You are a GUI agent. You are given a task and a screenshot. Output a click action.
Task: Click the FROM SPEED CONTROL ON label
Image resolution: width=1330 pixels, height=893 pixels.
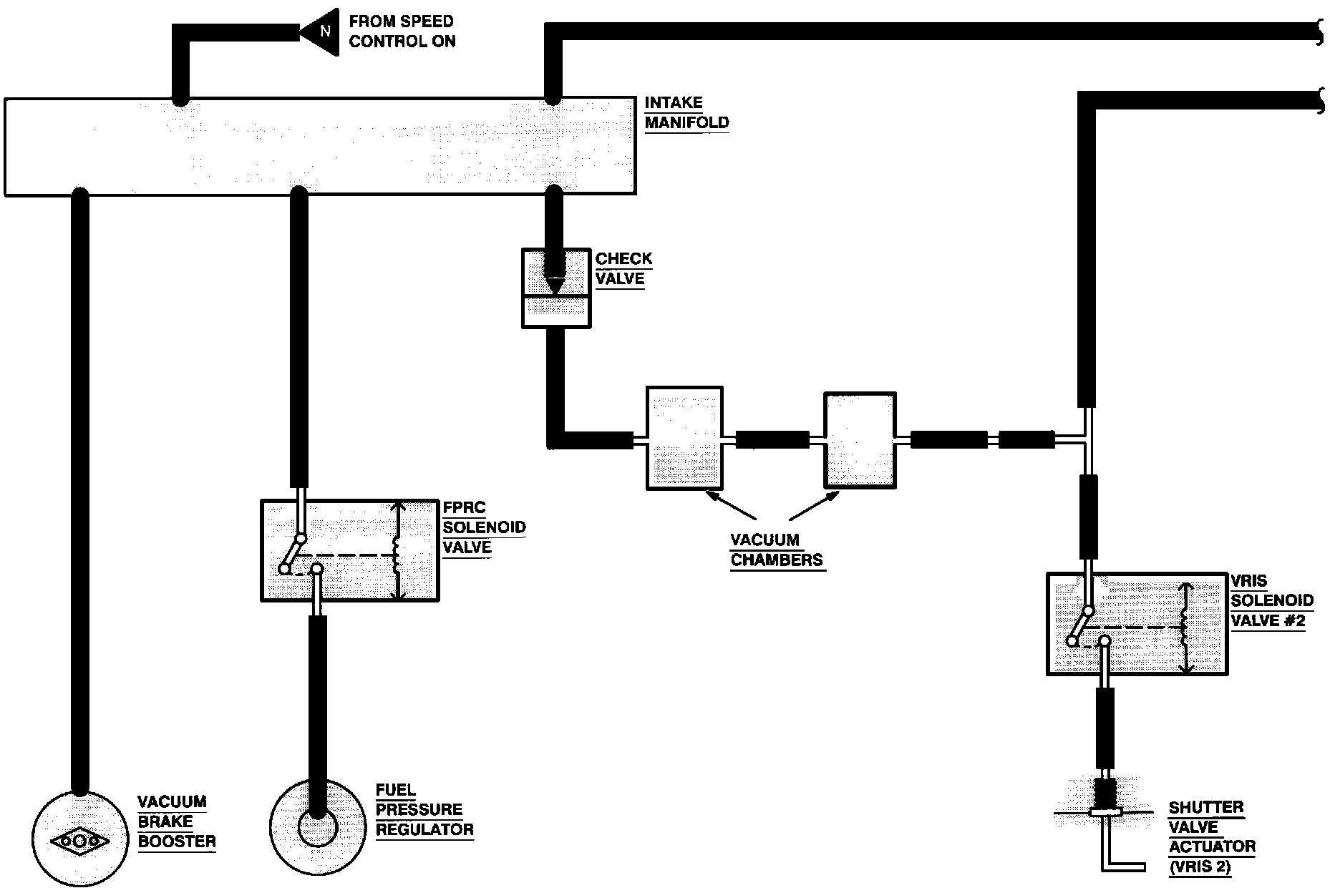coord(402,31)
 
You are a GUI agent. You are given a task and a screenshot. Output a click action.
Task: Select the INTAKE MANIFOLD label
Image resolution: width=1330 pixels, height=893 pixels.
coord(686,113)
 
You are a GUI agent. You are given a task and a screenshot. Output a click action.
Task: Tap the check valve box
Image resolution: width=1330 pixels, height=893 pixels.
coord(556,288)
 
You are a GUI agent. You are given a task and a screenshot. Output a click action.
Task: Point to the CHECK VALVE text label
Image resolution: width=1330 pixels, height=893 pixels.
coord(623,269)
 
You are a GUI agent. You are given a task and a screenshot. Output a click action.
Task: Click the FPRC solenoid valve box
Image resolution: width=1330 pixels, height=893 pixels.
coord(350,550)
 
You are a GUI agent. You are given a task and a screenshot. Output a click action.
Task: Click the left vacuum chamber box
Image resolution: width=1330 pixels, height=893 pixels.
coord(684,438)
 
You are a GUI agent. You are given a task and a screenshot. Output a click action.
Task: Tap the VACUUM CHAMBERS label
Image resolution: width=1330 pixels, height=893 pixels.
coord(777,550)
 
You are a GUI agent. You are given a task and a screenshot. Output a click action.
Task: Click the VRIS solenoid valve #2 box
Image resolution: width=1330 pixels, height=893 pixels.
coord(1137,623)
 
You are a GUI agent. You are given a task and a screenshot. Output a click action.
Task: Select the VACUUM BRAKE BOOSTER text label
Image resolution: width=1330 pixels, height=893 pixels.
coord(176,821)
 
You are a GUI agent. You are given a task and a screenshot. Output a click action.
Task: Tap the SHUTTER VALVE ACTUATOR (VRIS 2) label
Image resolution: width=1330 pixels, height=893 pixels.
coord(1212,837)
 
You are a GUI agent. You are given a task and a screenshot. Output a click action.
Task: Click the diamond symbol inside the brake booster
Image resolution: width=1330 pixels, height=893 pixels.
coord(80,841)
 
